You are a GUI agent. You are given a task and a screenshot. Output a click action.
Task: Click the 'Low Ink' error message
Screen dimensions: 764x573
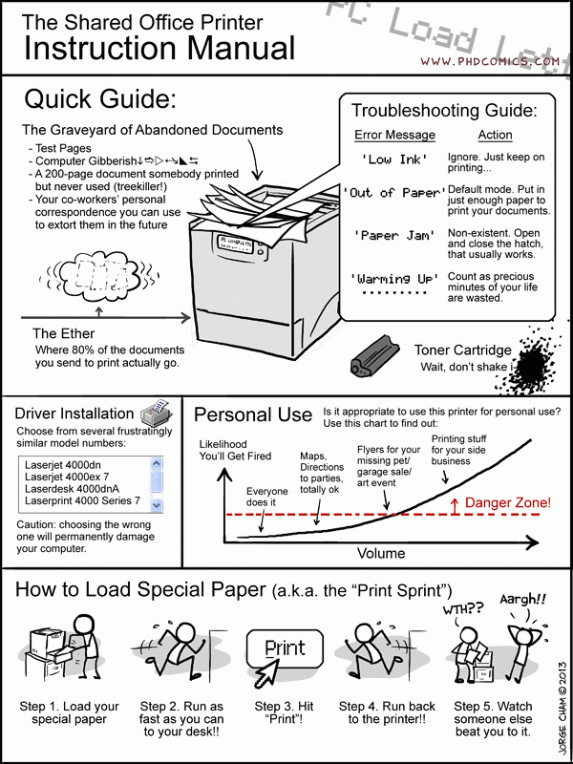point(393,159)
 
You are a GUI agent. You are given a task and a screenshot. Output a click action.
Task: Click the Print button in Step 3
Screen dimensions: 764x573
point(285,647)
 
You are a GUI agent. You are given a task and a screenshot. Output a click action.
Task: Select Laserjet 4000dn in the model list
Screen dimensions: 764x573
point(64,466)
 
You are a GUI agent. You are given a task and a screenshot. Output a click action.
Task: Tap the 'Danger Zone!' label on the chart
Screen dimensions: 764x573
point(507,502)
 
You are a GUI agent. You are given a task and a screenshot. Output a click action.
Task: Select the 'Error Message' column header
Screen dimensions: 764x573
point(394,135)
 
